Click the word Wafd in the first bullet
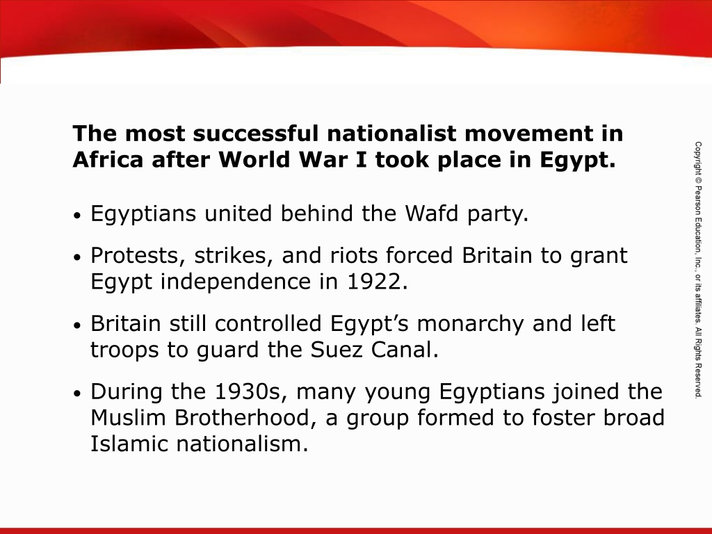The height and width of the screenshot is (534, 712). click(x=431, y=213)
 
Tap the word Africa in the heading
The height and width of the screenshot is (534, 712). click(x=108, y=159)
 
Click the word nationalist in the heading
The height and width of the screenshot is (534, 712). click(x=391, y=133)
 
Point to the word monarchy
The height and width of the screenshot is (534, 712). click(x=470, y=324)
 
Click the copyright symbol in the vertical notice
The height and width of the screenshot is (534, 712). click(x=698, y=179)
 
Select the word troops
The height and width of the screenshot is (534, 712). click(x=124, y=350)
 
